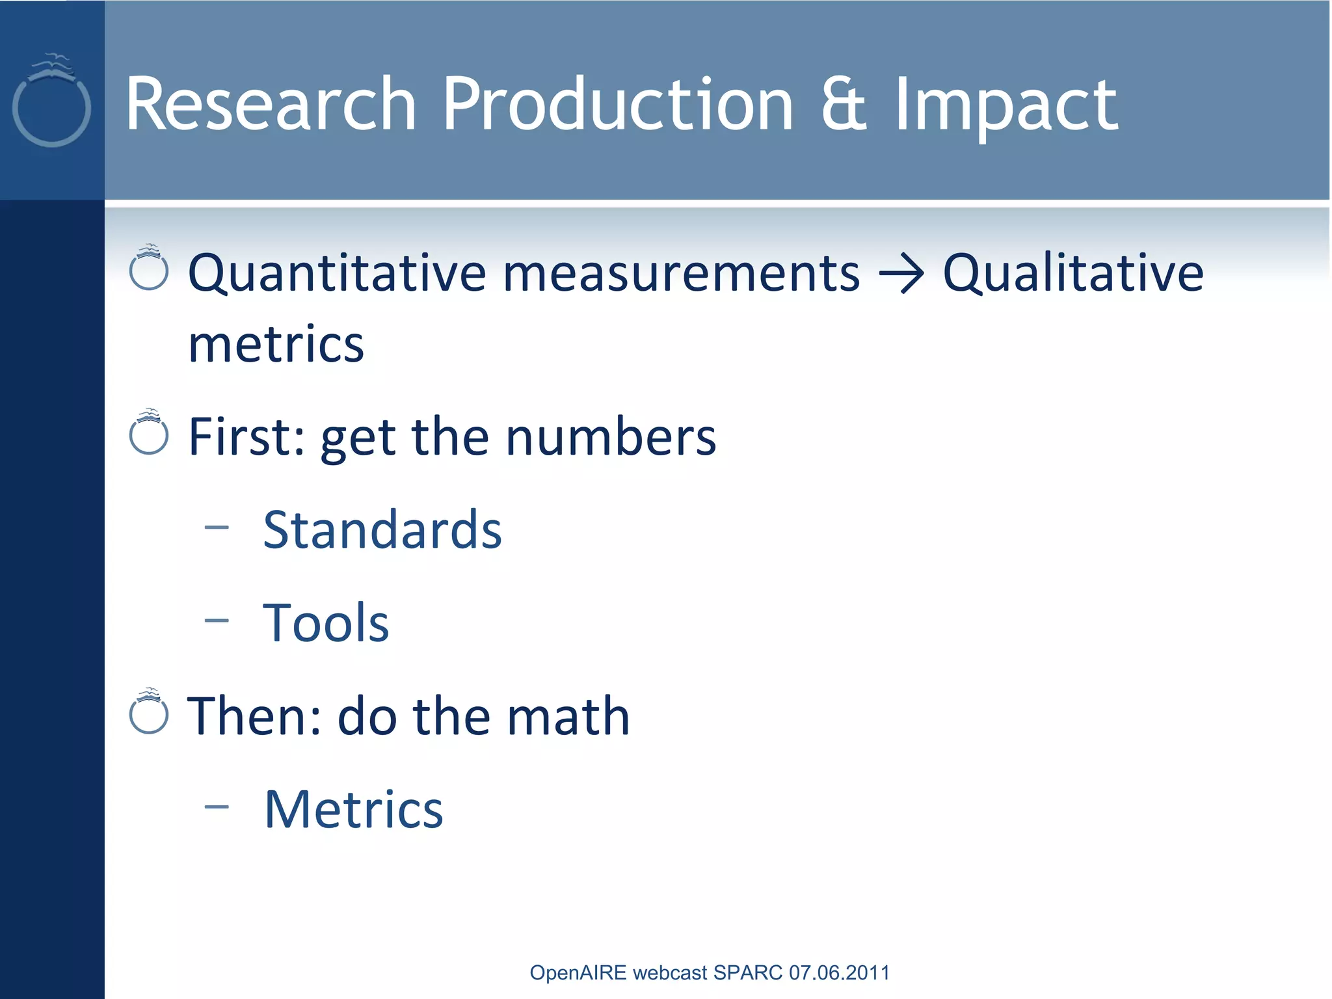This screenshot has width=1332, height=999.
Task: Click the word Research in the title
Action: point(271,104)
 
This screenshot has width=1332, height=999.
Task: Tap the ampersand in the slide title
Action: point(844,104)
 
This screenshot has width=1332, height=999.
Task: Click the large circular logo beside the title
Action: point(51,104)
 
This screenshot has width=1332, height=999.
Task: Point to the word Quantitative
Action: point(337,273)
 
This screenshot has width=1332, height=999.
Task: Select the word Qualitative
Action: point(1073,273)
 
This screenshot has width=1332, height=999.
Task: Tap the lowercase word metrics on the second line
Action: point(276,345)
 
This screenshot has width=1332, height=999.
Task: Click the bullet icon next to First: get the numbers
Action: point(149,433)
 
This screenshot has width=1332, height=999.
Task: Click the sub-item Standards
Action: point(382,530)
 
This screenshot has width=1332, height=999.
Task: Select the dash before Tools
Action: point(217,620)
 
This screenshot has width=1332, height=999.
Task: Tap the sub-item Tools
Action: point(326,623)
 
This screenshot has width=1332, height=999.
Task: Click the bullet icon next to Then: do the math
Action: point(149,712)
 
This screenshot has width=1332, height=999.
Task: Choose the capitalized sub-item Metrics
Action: point(354,810)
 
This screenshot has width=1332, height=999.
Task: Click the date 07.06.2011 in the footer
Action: point(839,972)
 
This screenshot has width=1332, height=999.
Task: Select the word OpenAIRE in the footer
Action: point(578,972)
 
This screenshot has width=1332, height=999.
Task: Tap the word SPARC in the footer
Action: point(748,972)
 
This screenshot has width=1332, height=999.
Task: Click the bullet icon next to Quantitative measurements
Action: point(149,268)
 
